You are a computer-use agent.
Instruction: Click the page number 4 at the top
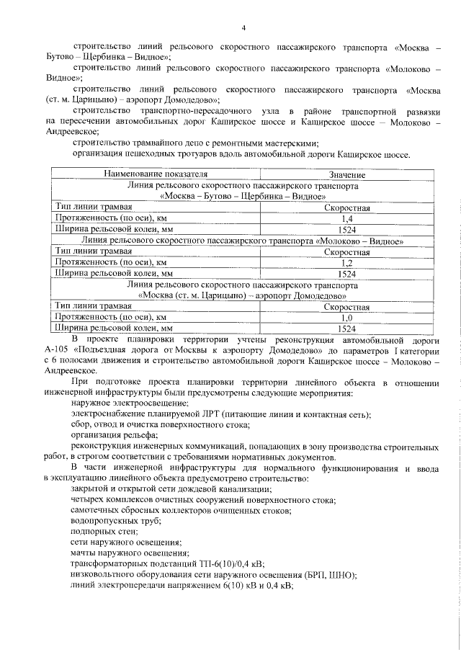click(x=243, y=28)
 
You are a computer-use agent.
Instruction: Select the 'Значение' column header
click(x=347, y=175)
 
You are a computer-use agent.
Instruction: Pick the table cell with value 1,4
click(x=346, y=218)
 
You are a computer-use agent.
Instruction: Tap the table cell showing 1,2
click(x=346, y=263)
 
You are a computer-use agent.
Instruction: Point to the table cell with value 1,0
click(x=346, y=317)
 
